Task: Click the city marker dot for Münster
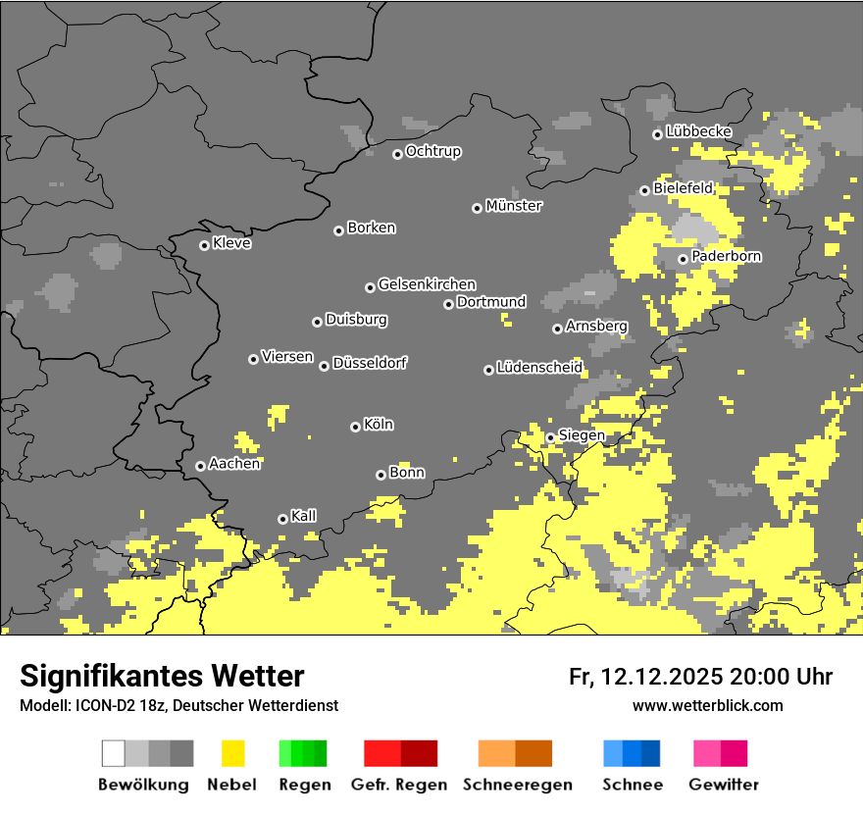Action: coord(477,208)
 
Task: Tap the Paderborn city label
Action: coord(727,256)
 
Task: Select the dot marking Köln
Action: coord(355,427)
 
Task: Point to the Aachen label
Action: coord(234,464)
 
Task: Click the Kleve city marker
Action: coord(204,245)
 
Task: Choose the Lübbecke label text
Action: coord(698,131)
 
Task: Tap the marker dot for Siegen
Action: coord(550,437)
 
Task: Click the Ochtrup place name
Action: coord(433,151)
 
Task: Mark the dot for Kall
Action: coord(282,519)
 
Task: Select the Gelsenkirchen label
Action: coord(427,284)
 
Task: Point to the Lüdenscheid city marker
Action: coord(488,370)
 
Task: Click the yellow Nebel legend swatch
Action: coord(233,753)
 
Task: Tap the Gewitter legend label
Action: coord(724,785)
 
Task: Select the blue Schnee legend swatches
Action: coord(632,753)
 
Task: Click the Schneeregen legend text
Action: coord(518,785)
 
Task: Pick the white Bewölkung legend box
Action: coord(114,753)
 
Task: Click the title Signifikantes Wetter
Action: coord(162,676)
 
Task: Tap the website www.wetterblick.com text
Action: coord(707,705)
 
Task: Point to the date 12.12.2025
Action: coord(662,677)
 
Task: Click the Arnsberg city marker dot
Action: coord(557,329)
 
